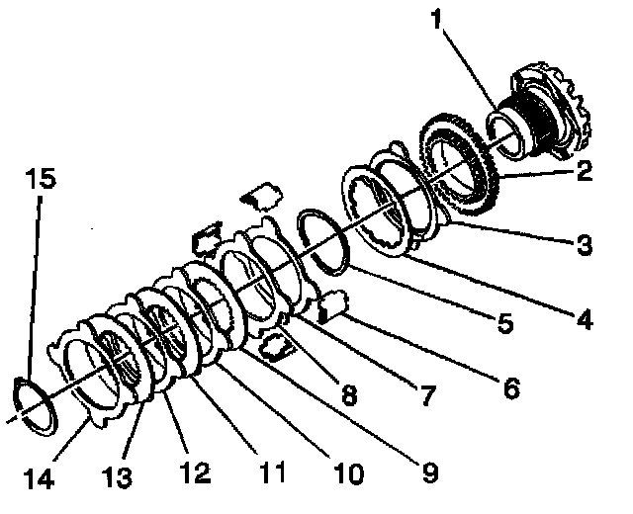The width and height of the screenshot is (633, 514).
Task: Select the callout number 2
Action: (584, 171)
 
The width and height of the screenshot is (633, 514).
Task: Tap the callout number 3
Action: (585, 244)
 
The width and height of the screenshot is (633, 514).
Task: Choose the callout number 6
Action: (509, 388)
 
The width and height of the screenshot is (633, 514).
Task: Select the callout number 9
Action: (427, 472)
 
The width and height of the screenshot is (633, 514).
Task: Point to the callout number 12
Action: (194, 473)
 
